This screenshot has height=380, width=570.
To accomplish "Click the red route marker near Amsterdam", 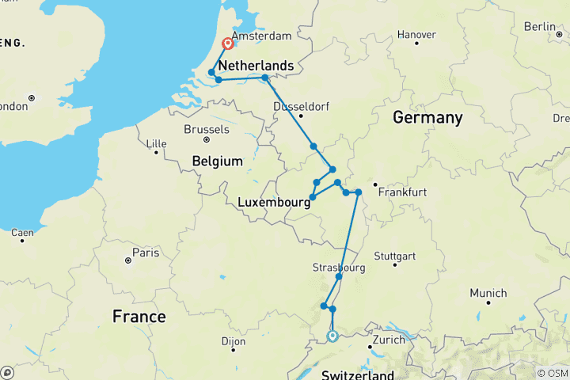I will [x=228, y=44].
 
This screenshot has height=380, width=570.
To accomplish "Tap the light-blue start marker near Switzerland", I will [x=332, y=336].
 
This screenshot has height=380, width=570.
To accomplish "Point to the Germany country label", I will [x=427, y=118].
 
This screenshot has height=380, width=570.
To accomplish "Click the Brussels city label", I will [x=206, y=129].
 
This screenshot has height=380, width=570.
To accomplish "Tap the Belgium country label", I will [x=217, y=161].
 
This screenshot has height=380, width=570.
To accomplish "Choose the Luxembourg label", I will [x=273, y=203].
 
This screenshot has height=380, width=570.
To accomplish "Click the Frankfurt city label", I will [x=403, y=192].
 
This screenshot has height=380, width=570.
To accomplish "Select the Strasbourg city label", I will [x=339, y=268].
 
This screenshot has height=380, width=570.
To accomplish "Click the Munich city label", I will [x=488, y=293].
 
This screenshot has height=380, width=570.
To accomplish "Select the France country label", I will [x=139, y=317].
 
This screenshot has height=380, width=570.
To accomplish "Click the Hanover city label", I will [x=416, y=35].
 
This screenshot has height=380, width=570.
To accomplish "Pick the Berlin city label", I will [x=539, y=27].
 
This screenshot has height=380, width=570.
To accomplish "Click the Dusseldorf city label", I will [x=299, y=106].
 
